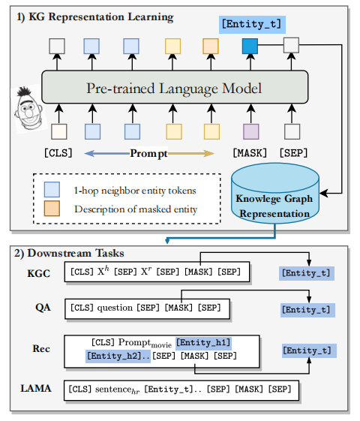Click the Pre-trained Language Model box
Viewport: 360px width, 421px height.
tap(174, 89)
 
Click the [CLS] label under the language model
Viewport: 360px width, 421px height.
tap(58, 153)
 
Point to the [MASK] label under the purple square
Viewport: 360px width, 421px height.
tap(250, 153)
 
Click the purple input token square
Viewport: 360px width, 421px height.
tap(250, 132)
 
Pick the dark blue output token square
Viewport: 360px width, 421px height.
tap(250, 47)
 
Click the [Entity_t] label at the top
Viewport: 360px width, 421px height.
tap(251, 24)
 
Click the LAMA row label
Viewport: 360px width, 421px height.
tap(36, 389)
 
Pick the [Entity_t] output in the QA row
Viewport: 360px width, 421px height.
tap(305, 309)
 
